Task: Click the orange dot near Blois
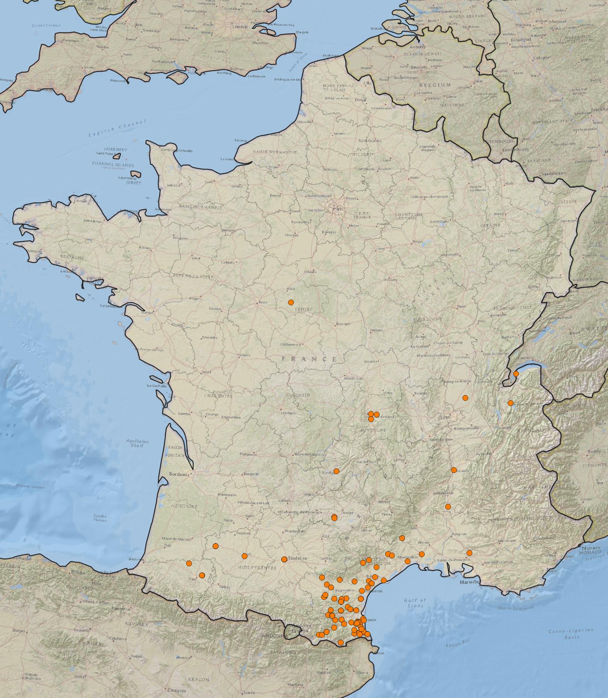tap(291, 302)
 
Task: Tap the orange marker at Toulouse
tap(284, 559)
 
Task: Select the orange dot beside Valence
tap(454, 470)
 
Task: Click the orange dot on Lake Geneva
tap(516, 374)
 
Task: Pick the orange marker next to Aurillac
tap(336, 471)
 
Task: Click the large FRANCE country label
tap(309, 359)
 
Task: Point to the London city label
tap(240, 27)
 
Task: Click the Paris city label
tap(338, 209)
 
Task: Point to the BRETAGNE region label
tap(72, 257)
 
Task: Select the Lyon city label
tap(446, 417)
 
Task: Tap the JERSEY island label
tap(133, 183)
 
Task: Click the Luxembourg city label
tap(515, 149)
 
